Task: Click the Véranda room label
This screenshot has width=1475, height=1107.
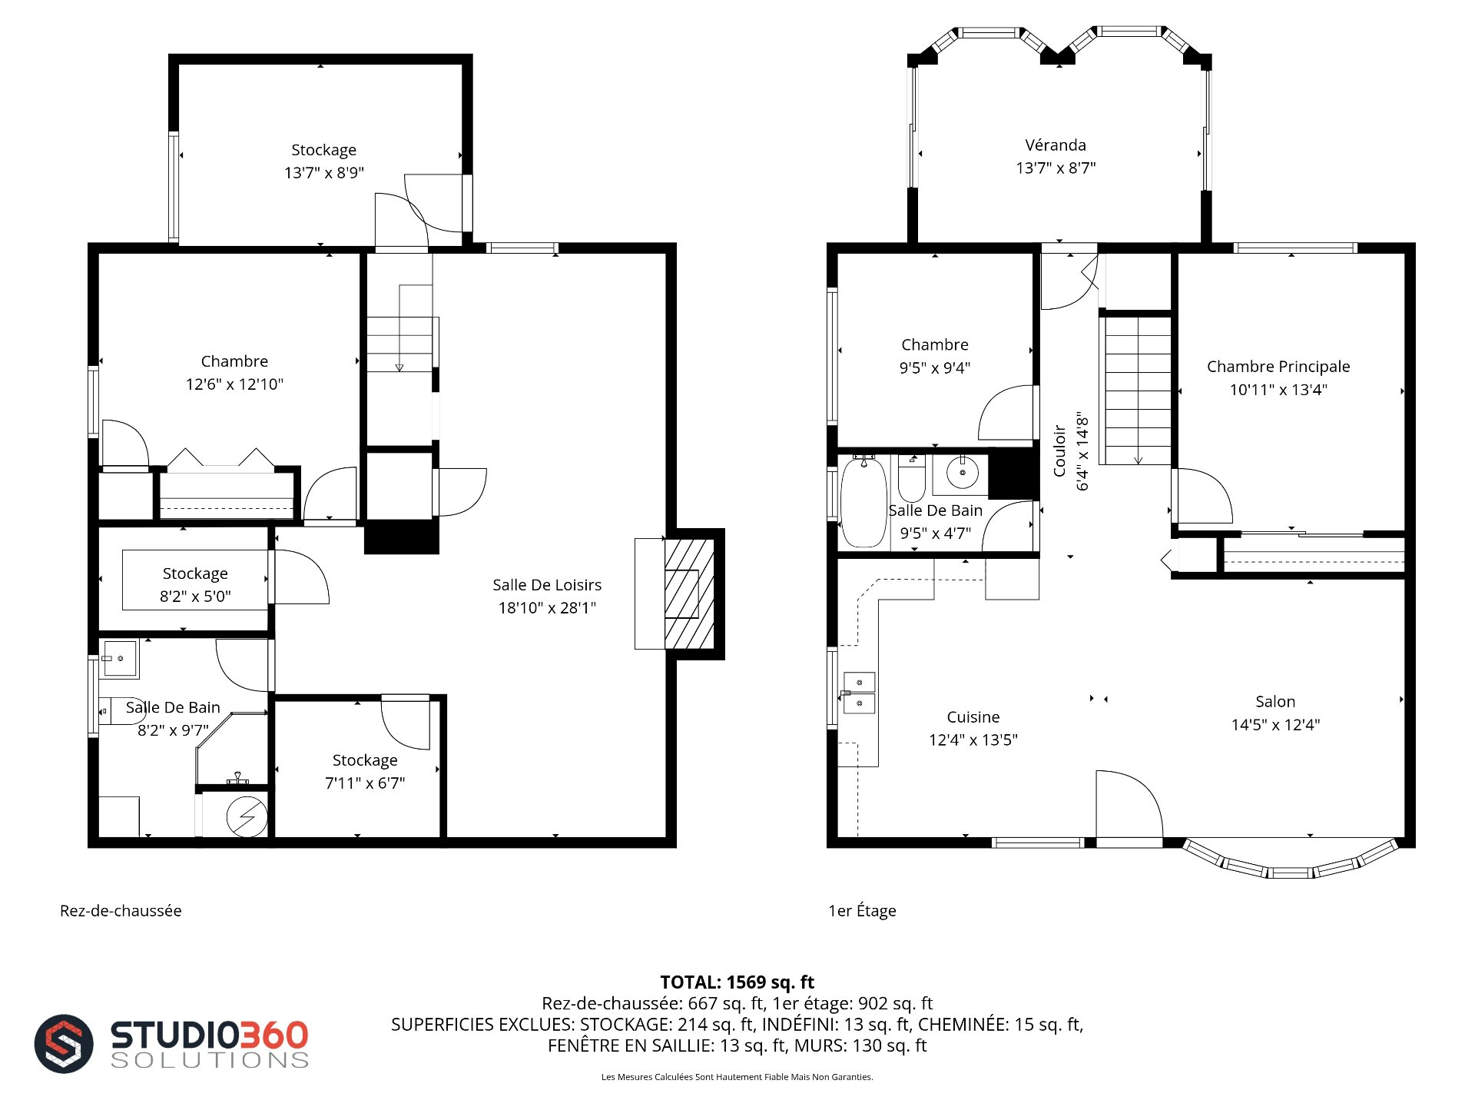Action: click(1056, 145)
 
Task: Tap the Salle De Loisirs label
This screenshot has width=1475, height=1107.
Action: click(547, 585)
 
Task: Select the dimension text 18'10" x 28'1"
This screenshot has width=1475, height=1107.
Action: click(547, 608)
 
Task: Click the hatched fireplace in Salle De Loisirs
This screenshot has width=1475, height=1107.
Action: click(690, 593)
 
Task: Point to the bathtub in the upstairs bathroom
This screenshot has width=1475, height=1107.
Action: click(864, 501)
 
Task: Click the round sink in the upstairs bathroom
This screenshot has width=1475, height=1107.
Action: click(962, 472)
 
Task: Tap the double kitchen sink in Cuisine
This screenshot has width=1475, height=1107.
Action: click(860, 693)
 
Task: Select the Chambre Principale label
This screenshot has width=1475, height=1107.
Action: click(1278, 367)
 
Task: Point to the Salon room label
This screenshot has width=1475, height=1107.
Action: click(1275, 702)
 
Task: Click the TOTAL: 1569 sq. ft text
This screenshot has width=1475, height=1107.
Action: click(737, 982)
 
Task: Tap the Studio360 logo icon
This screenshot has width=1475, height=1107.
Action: click(64, 1043)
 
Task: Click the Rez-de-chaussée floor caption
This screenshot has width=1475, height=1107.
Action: click(121, 911)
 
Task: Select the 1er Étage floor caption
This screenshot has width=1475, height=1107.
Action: click(862, 911)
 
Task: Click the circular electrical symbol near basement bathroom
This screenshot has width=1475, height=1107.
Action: click(247, 816)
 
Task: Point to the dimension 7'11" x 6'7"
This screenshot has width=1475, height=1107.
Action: click(365, 783)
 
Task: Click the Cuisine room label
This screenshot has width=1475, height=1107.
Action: click(973, 717)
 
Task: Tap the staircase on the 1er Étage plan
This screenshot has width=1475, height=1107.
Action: click(1138, 391)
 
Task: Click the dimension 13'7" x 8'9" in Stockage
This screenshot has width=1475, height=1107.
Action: click(324, 173)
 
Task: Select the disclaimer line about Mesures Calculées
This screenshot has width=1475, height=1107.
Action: click(737, 1077)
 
